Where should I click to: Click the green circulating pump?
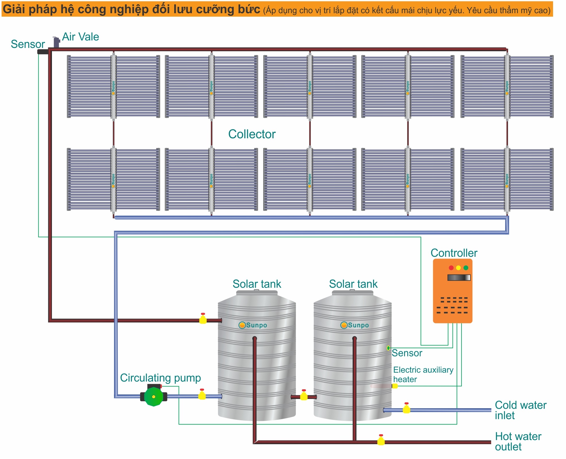[154, 396]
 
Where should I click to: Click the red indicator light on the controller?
[451, 268]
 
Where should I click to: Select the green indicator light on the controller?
[466, 268]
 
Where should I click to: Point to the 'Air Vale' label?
[80, 37]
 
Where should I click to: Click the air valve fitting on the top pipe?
[56, 42]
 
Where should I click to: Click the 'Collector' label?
[252, 134]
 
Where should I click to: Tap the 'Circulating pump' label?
[160, 378]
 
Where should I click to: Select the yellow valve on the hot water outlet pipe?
[381, 440]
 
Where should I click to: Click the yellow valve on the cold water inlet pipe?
[406, 409]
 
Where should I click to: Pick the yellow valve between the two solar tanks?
[304, 396]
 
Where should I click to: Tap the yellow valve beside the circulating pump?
[202, 395]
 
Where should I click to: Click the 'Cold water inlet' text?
[520, 410]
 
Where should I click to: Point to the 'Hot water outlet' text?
[518, 442]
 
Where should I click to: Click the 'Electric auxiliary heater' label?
[423, 374]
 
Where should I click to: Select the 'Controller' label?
[454, 253]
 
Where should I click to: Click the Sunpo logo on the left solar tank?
[253, 325]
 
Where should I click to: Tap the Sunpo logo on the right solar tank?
[354, 325]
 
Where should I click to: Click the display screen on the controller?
[459, 277]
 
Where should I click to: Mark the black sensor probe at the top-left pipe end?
[43, 52]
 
